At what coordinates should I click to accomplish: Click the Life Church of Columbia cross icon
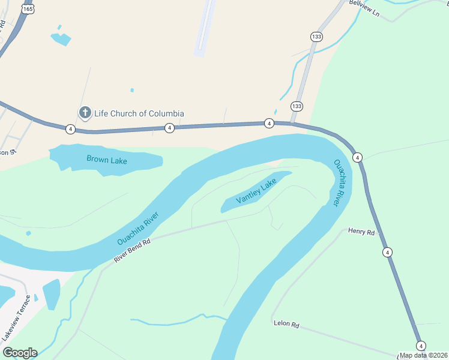click(x=85, y=113)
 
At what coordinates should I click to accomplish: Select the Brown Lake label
click(x=106, y=159)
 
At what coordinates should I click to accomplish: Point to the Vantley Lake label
click(x=256, y=191)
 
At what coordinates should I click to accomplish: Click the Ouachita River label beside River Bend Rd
click(x=138, y=228)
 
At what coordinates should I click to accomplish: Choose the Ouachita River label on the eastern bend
click(x=341, y=182)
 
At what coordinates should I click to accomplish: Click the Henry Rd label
click(x=361, y=232)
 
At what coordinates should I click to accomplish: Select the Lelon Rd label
click(x=286, y=324)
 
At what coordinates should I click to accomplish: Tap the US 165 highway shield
click(x=28, y=8)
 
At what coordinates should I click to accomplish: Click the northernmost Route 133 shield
click(x=316, y=37)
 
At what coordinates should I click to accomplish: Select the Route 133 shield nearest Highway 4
click(x=297, y=106)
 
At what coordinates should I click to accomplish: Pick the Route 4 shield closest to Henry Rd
click(x=388, y=252)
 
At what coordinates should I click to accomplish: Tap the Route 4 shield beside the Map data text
click(x=421, y=346)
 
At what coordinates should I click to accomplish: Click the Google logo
click(x=20, y=353)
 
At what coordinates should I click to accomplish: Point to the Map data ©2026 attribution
click(x=424, y=355)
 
